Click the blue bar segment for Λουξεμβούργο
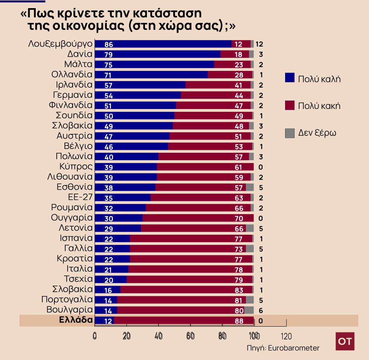coord(163,44)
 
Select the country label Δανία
coord(80,54)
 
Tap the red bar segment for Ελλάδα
coord(183,321)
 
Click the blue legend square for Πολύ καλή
coord(290,78)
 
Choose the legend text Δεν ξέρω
coord(317,133)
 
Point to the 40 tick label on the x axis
coord(158,336)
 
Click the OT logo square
coord(345,341)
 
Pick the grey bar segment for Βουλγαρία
coord(249,310)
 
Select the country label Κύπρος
coord(76,166)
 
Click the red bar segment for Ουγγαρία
coord(198,218)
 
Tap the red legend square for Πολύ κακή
coord(290,105)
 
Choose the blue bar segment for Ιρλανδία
coord(140,85)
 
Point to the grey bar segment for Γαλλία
coord(250,249)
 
